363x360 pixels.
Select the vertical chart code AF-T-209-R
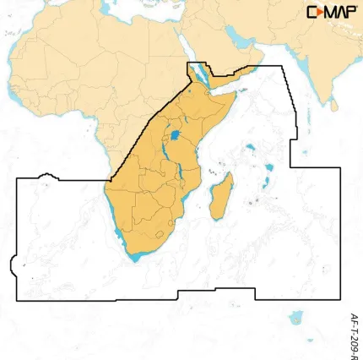click(354, 326)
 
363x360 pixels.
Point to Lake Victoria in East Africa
click(175, 135)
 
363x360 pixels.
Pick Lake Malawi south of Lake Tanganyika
click(181, 178)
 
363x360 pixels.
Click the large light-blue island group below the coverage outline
click(295, 318)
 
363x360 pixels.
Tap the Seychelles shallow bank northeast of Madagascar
click(251, 150)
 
